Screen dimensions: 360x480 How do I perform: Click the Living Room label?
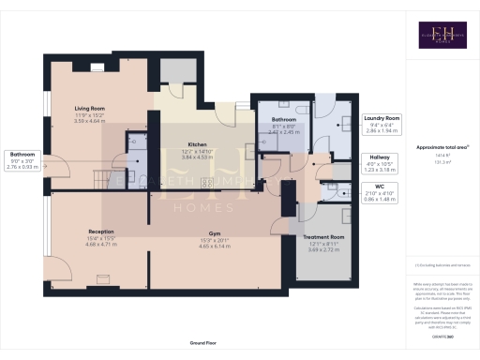point(90,109)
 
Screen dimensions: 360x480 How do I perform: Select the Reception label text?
point(101,231)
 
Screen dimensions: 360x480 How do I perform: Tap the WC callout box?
point(380,196)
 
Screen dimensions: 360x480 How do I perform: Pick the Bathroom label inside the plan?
point(284,120)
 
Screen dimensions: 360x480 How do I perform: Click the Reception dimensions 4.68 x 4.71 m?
point(101,245)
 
